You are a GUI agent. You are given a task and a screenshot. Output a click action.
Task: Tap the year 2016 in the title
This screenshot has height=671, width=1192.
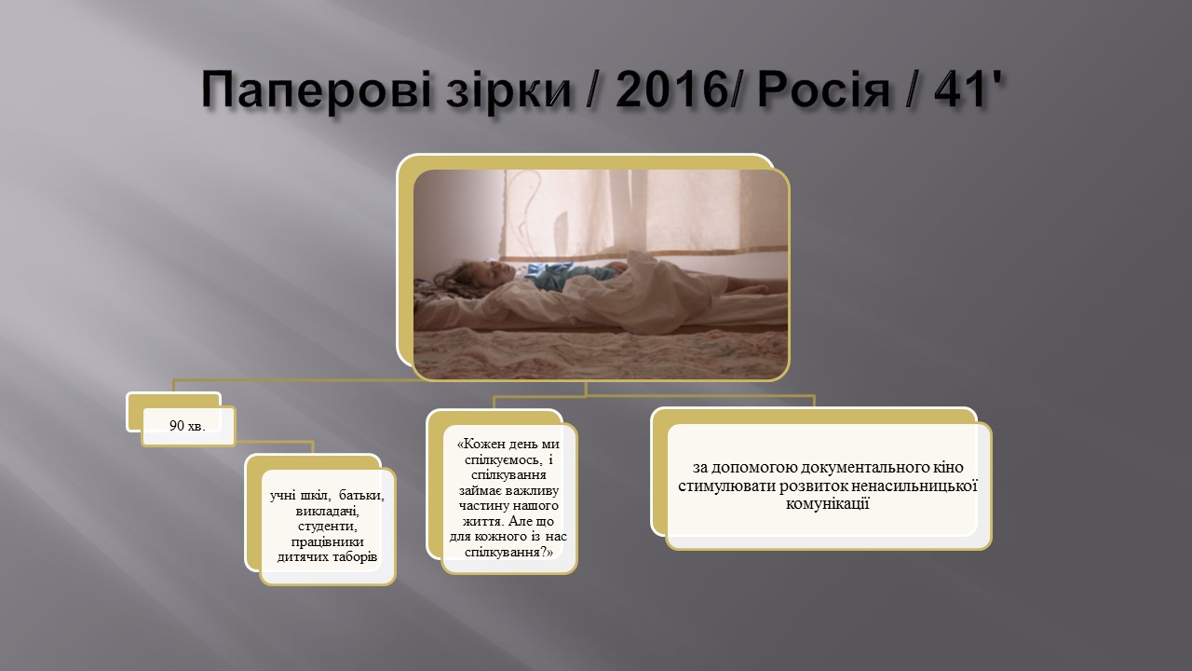pos(670,89)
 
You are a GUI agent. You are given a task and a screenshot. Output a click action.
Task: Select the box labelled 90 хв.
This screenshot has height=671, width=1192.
pos(188,426)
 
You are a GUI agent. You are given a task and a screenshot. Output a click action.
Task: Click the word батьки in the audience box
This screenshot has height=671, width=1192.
pos(361,495)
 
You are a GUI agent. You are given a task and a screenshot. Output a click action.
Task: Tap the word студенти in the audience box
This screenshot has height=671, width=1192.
pos(328,527)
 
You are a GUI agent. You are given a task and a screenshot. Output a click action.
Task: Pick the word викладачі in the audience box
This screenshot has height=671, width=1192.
pos(328,511)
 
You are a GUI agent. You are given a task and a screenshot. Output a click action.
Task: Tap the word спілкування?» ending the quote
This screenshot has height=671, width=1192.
pos(509,552)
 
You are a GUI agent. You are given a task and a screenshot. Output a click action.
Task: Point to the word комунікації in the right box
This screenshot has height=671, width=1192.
pos(828,504)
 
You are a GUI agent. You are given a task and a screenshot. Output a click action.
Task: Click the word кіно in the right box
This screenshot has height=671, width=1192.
pos(948,467)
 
